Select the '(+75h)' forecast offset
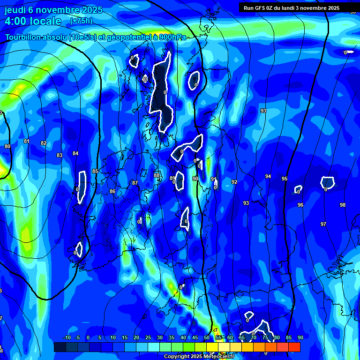pyautogui.click(x=81, y=21)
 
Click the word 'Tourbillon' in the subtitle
pyautogui.click(x=23, y=37)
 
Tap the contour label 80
pyautogui.click(x=7, y=147)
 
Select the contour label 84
pyautogui.click(x=75, y=153)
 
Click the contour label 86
pyautogui.click(x=112, y=192)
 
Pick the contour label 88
pyautogui.click(x=157, y=175)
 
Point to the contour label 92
pyautogui.click(x=234, y=182)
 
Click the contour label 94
pyautogui.click(x=268, y=176)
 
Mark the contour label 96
pyautogui.click(x=300, y=205)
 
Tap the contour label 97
pyautogui.click(x=323, y=224)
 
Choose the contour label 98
pyautogui.click(x=343, y=205)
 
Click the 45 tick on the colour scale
pyautogui.click(x=195, y=337)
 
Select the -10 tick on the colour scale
pyautogui.click(x=67, y=337)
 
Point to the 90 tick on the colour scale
pyautogui.click(x=300, y=337)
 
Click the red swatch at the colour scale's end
pyautogui.click(x=294, y=347)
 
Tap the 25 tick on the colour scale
pyautogui.click(x=148, y=337)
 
